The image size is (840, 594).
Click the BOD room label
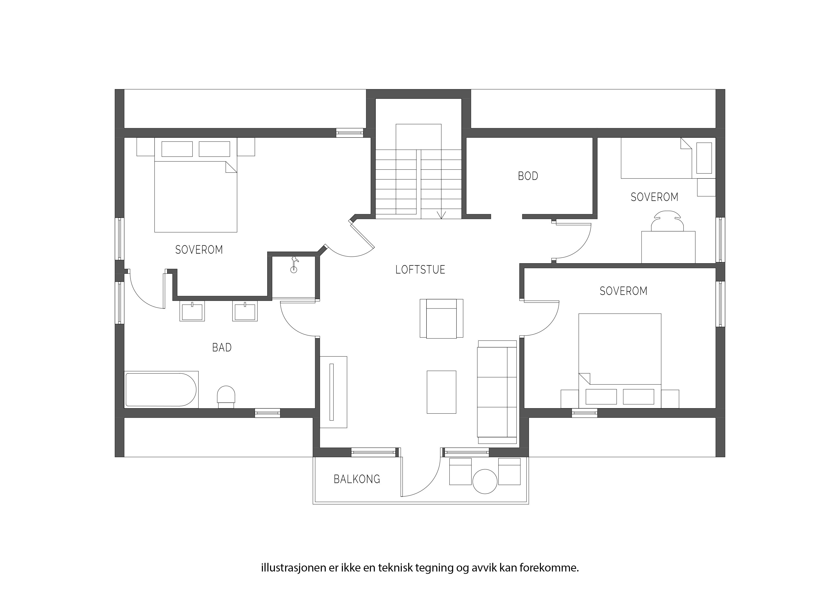point(528,176)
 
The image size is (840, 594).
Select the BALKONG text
point(357,479)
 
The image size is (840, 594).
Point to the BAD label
point(222,347)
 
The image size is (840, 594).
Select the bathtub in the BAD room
point(161,390)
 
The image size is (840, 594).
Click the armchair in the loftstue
point(441,318)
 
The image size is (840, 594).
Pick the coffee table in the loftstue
point(442,392)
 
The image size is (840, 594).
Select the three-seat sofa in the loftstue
point(497,392)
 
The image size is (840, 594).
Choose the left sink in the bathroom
point(192,311)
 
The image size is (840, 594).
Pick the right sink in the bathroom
point(245,311)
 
